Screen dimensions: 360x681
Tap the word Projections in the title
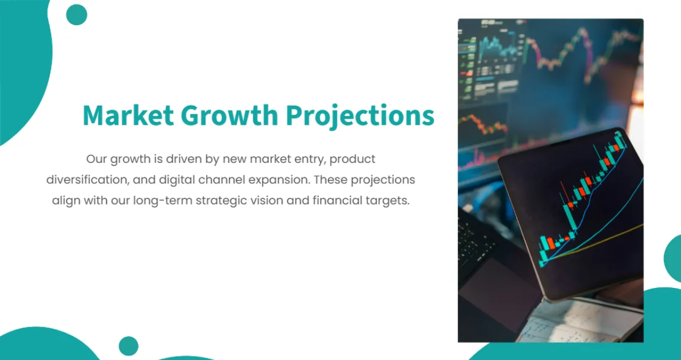[360, 116]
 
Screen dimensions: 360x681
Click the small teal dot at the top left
[77, 15]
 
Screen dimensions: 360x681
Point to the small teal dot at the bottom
[129, 346]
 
